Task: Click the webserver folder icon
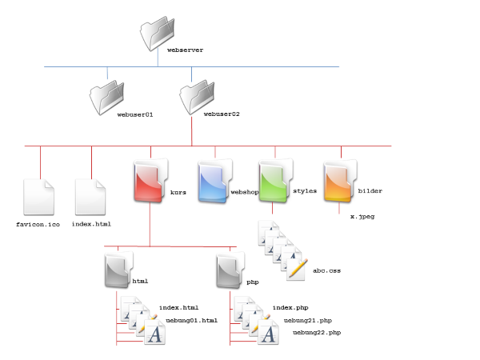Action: point(158,33)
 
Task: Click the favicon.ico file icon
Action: point(39,197)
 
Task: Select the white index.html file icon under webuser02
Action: point(90,197)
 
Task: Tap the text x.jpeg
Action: point(362,216)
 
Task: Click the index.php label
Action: point(290,307)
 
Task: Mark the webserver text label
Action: point(185,50)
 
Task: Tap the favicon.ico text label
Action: point(38,225)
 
